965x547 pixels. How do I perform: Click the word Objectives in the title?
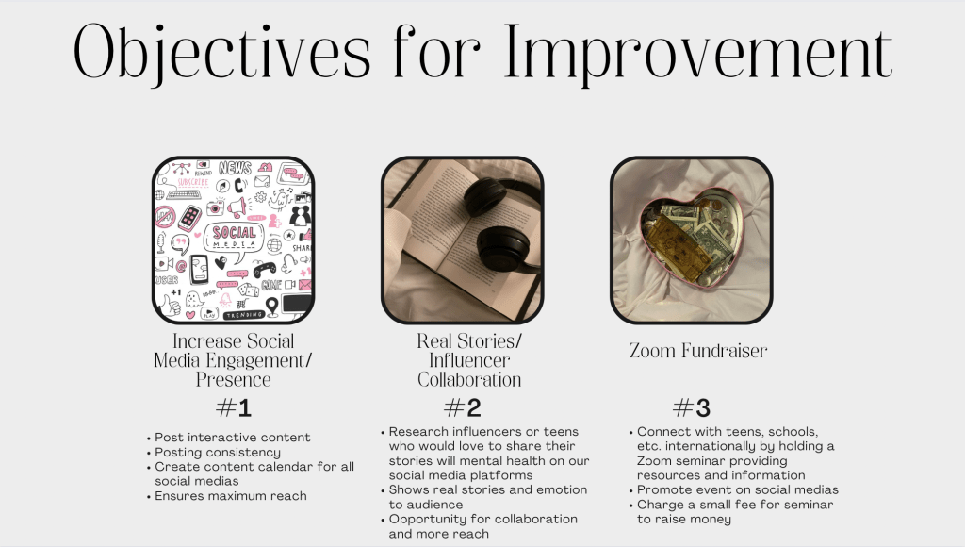pyautogui.click(x=222, y=54)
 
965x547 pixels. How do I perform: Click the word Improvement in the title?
pyautogui.click(x=698, y=54)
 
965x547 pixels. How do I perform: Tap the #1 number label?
pyautogui.click(x=234, y=407)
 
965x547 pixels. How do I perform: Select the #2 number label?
pyautogui.click(x=463, y=407)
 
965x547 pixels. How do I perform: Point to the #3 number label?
pyautogui.click(x=692, y=407)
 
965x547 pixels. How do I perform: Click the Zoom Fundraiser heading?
pyautogui.click(x=698, y=351)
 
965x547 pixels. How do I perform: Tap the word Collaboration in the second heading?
pyautogui.click(x=469, y=379)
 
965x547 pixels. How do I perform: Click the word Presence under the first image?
pyautogui.click(x=234, y=379)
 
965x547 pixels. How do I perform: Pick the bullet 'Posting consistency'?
pyautogui.click(x=214, y=452)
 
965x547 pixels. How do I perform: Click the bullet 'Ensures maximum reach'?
pyautogui.click(x=227, y=496)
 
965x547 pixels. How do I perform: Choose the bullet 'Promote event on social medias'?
pyautogui.click(x=734, y=489)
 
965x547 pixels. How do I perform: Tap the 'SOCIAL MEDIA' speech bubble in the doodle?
pyautogui.click(x=235, y=240)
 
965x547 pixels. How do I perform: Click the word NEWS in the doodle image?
pyautogui.click(x=235, y=168)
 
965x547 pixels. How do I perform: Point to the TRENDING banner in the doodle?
pyautogui.click(x=244, y=315)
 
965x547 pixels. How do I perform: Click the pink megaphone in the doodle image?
pyautogui.click(x=237, y=207)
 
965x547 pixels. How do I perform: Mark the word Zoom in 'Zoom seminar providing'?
pyautogui.click(x=651, y=461)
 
